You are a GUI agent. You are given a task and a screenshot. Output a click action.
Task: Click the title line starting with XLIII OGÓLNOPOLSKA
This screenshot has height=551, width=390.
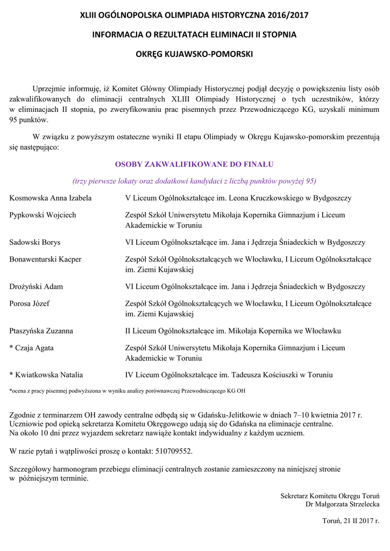[194, 16]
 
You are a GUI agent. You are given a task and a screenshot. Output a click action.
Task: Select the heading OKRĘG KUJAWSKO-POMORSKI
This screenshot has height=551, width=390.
[194, 54]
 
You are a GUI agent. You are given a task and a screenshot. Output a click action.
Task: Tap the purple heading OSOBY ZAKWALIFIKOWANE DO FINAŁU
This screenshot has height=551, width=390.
[194, 164]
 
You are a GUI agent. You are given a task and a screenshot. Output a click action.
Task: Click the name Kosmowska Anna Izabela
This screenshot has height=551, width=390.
[51, 198]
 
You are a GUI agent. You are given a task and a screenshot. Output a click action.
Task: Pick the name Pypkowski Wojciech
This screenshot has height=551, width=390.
[43, 215]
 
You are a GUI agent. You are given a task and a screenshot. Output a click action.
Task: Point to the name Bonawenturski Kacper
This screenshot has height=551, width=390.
[46, 259]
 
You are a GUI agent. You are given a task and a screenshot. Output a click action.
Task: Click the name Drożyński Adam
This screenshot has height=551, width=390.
[36, 287]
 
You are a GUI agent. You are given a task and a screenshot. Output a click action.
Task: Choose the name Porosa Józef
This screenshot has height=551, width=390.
[30, 303]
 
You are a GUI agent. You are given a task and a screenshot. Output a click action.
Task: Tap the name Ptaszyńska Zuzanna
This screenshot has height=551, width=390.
[41, 331]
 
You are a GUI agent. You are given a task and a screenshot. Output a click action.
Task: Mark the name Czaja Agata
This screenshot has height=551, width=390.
[34, 348]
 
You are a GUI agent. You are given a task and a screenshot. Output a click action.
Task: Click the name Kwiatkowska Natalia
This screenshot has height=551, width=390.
[49, 375]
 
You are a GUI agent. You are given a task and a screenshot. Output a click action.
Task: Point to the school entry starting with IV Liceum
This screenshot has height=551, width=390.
[229, 375]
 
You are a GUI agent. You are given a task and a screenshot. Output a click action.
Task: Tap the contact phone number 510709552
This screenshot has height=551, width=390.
[172, 450]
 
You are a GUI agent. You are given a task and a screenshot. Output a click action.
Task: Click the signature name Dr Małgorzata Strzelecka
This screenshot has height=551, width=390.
[342, 504]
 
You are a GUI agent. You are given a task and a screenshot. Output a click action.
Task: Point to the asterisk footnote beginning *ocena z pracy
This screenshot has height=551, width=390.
[127, 391]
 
